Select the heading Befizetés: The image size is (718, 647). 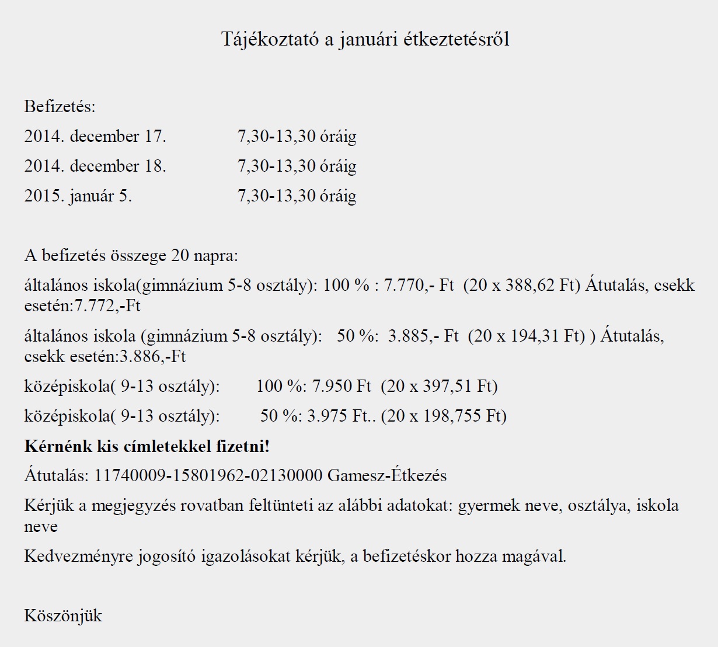(x=60, y=107)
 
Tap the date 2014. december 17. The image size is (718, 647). (x=95, y=137)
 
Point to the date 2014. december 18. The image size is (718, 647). (x=95, y=166)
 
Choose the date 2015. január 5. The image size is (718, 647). (x=78, y=196)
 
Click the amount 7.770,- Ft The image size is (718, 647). (x=419, y=286)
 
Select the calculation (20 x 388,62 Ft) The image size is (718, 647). (x=522, y=286)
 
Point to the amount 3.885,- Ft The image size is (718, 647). (x=423, y=336)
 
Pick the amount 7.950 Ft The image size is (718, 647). (x=341, y=387)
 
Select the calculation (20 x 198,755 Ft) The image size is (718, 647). (x=444, y=416)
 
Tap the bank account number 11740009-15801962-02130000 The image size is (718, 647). (x=208, y=476)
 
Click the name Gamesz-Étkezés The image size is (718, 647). (x=387, y=476)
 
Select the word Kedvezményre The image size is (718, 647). (x=78, y=556)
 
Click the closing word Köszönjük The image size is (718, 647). (x=63, y=616)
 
